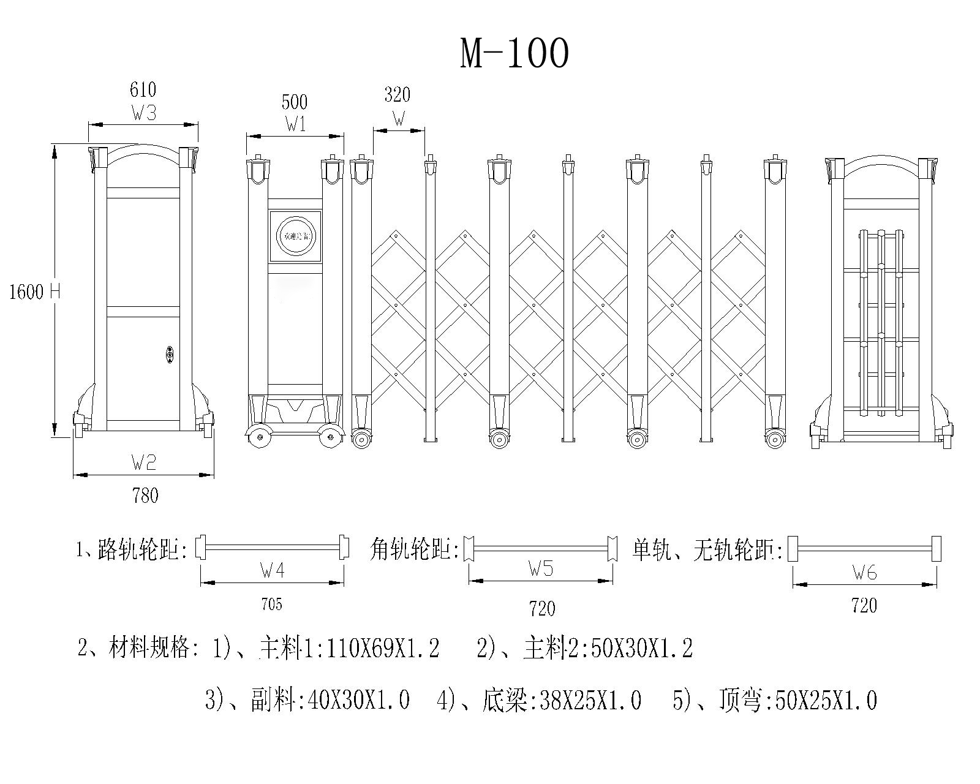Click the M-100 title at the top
tap(514, 53)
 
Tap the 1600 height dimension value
tap(26, 292)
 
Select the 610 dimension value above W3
tap(143, 90)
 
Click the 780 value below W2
tap(145, 495)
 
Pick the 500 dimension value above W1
tap(294, 102)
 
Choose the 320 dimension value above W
tap(397, 95)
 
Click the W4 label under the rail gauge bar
tap(272, 571)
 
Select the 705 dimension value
tap(271, 605)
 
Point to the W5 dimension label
tap(541, 569)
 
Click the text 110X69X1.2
tap(383, 649)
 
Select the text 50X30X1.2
tap(643, 649)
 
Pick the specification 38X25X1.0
tap(590, 699)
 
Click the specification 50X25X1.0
tap(826, 699)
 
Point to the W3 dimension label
tap(143, 113)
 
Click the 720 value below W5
tap(541, 608)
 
